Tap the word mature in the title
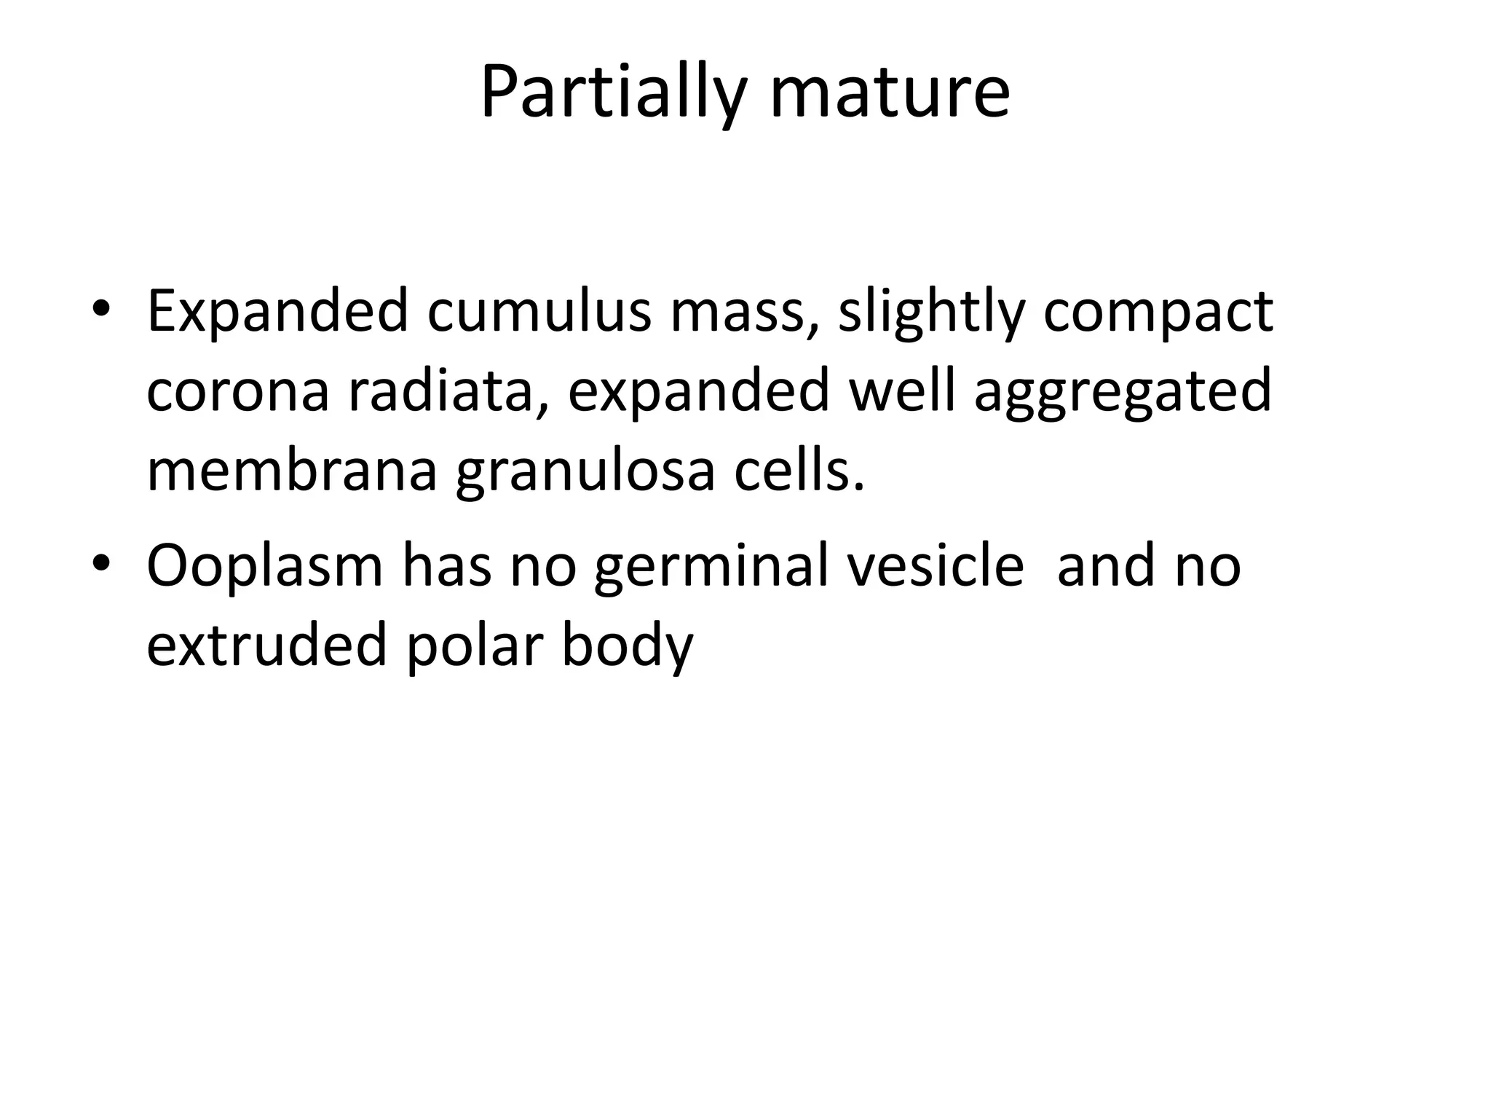click(x=890, y=93)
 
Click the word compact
click(x=1158, y=312)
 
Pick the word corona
click(x=238, y=390)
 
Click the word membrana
click(x=292, y=471)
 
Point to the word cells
click(x=799, y=471)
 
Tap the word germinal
click(x=711, y=567)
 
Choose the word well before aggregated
click(x=901, y=390)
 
